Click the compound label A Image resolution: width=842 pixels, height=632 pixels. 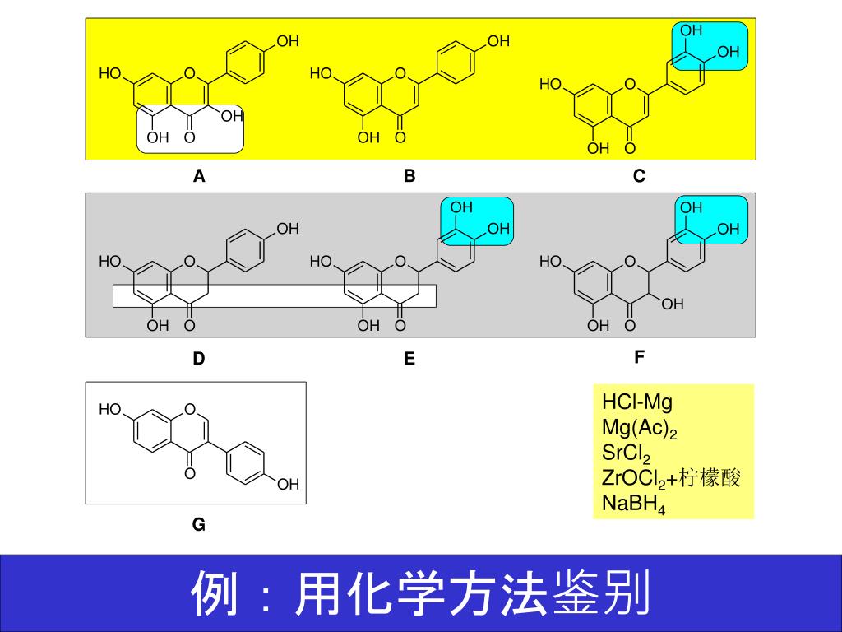pos(199,175)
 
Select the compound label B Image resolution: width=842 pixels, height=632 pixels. pos(409,175)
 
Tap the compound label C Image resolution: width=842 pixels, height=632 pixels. pos(639,175)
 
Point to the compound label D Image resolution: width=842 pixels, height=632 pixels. pos(199,359)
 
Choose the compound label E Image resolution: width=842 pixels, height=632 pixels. pos(409,359)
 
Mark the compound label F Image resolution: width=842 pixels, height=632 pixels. pos(639,357)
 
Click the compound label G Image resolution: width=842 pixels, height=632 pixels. pos(199,524)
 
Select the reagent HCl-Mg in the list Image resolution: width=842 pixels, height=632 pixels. pos(637,402)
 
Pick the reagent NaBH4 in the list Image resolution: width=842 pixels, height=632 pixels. pos(633,504)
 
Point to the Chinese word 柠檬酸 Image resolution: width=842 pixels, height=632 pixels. pos(718,478)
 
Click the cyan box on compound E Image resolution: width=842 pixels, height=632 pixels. pos(477,221)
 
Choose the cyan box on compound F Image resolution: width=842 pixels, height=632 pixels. pos(710,221)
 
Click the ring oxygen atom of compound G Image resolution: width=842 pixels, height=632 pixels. pos(190,409)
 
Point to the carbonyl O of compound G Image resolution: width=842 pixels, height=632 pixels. pos(190,474)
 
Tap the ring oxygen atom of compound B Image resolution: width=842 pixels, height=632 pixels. pos(400,73)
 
